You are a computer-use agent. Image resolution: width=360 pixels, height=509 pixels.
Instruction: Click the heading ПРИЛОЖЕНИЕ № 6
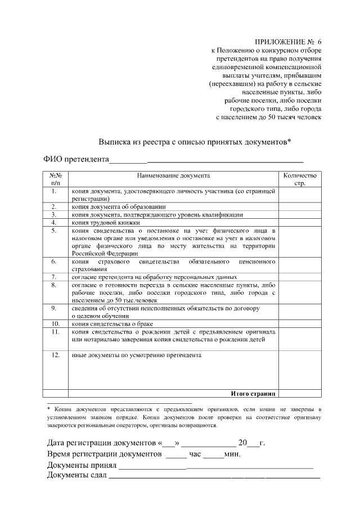[x=289, y=42]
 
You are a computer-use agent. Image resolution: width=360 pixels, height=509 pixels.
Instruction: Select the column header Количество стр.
[x=300, y=179]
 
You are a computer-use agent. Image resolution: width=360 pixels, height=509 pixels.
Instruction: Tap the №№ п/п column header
[x=55, y=179]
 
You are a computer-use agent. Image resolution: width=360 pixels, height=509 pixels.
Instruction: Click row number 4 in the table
[x=55, y=222]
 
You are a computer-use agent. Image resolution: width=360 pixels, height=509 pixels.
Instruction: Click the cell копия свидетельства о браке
[x=112, y=324]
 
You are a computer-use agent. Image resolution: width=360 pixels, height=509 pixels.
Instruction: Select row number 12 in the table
[x=55, y=355]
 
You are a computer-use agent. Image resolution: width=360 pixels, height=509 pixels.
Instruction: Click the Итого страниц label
[x=253, y=393]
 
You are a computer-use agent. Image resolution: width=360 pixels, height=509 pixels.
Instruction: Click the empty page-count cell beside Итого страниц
[x=300, y=393]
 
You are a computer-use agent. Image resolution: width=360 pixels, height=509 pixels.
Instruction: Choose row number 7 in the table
[x=55, y=277]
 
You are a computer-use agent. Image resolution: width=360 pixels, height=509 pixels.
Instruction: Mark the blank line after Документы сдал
[x=214, y=477]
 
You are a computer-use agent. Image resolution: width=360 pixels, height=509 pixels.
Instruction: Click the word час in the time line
[x=195, y=454]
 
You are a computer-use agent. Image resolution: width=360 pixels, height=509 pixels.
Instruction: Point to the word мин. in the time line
[x=232, y=454]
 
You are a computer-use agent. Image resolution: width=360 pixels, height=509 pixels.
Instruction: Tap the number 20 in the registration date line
[x=243, y=443]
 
